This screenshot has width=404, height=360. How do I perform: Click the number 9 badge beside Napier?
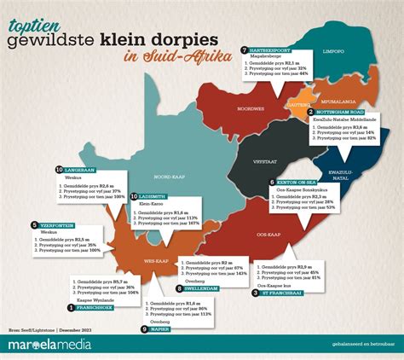pyautogui.click(x=143, y=328)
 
